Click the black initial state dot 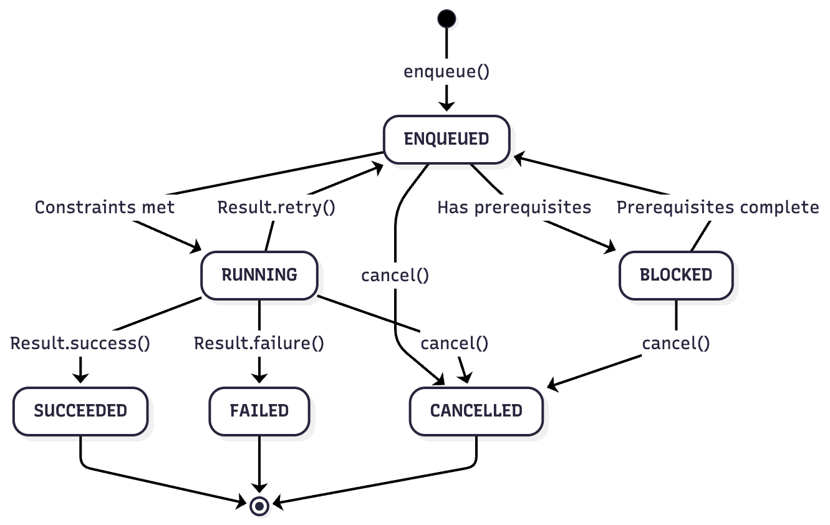pyautogui.click(x=446, y=19)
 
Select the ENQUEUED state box pyautogui.click(x=446, y=139)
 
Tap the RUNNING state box pyautogui.click(x=259, y=274)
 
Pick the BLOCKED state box pyautogui.click(x=676, y=274)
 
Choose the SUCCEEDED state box pyautogui.click(x=80, y=411)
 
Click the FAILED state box pyautogui.click(x=259, y=411)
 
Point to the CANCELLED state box pyautogui.click(x=476, y=411)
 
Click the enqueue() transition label pyautogui.click(x=446, y=71)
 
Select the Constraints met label pyautogui.click(x=105, y=207)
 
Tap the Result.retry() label pyautogui.click(x=276, y=207)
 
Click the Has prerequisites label pyautogui.click(x=514, y=207)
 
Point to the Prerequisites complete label pyautogui.click(x=718, y=207)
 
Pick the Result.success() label pyautogui.click(x=80, y=343)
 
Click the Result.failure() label pyautogui.click(x=259, y=343)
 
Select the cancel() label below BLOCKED pyautogui.click(x=676, y=343)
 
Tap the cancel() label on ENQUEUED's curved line pyautogui.click(x=395, y=275)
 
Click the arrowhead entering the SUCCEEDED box pyautogui.click(x=80, y=378)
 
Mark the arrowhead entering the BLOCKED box pyautogui.click(x=611, y=249)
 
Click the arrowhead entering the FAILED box pyautogui.click(x=259, y=378)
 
